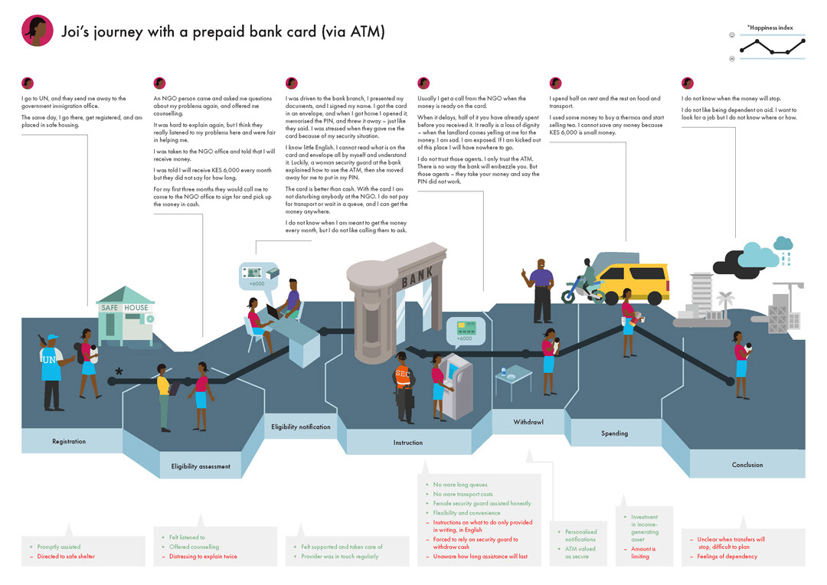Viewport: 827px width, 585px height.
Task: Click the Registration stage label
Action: pos(69,441)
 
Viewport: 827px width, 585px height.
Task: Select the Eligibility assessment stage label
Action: pos(201,466)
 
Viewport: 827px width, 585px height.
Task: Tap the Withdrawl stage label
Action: pos(528,422)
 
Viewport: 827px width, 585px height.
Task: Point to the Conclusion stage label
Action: pos(747,465)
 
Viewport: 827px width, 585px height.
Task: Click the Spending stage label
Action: pos(614,433)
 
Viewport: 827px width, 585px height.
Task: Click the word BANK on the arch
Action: pos(417,273)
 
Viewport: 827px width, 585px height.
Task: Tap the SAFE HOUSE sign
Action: pos(125,308)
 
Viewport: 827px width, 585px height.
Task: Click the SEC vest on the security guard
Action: pos(403,374)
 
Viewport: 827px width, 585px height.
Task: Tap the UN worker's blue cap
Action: pos(52,338)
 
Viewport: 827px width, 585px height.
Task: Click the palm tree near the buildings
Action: pos(724,299)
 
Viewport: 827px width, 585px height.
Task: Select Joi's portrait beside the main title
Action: pos(38,31)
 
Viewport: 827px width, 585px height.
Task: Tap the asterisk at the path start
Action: pos(119,373)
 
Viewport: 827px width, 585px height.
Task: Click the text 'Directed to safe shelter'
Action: pos(66,557)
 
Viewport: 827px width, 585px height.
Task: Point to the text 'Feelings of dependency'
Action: pos(727,557)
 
